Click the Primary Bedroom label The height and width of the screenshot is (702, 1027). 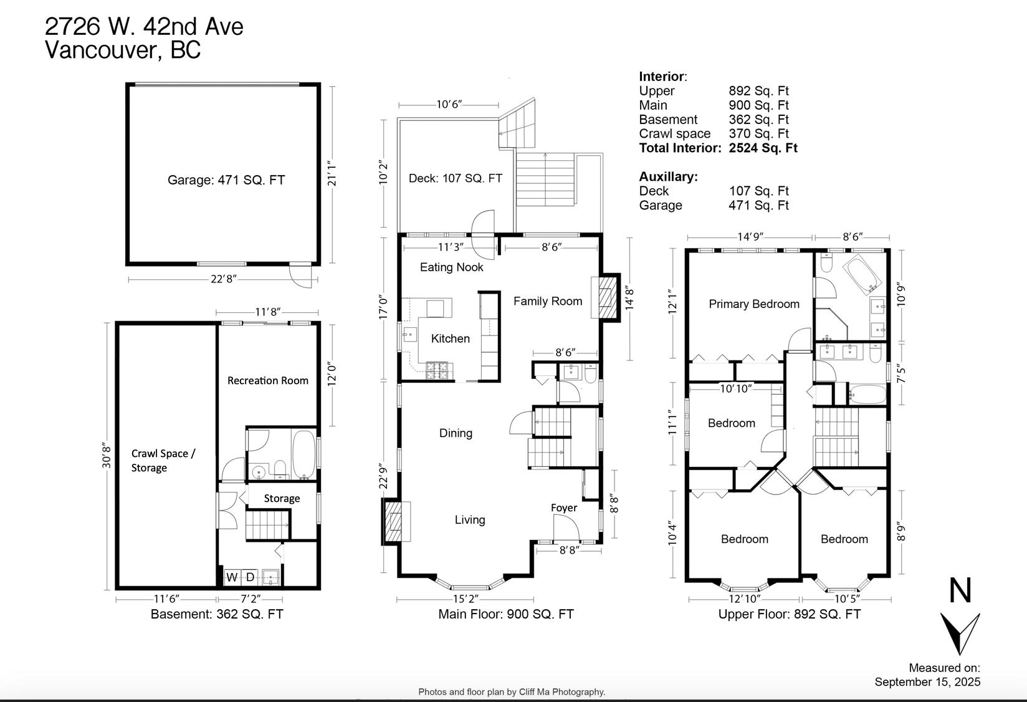tap(754, 304)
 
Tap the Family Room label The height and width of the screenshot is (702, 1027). tap(547, 301)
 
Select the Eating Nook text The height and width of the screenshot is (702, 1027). tap(451, 267)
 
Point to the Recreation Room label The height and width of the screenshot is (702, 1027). tap(268, 380)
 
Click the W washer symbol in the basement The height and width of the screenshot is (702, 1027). tap(232, 577)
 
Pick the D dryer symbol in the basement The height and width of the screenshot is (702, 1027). tap(250, 577)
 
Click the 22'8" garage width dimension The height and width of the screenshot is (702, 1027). tap(223, 279)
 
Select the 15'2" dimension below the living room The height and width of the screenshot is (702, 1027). tap(466, 599)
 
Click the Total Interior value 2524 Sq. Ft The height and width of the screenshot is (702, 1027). tap(763, 148)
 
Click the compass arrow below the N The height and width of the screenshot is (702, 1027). tap(960, 633)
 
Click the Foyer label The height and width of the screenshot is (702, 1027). tap(563, 507)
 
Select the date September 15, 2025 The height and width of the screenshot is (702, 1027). tap(927, 682)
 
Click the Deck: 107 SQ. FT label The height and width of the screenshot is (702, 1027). tap(456, 178)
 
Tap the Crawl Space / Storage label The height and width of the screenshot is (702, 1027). tap(163, 460)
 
